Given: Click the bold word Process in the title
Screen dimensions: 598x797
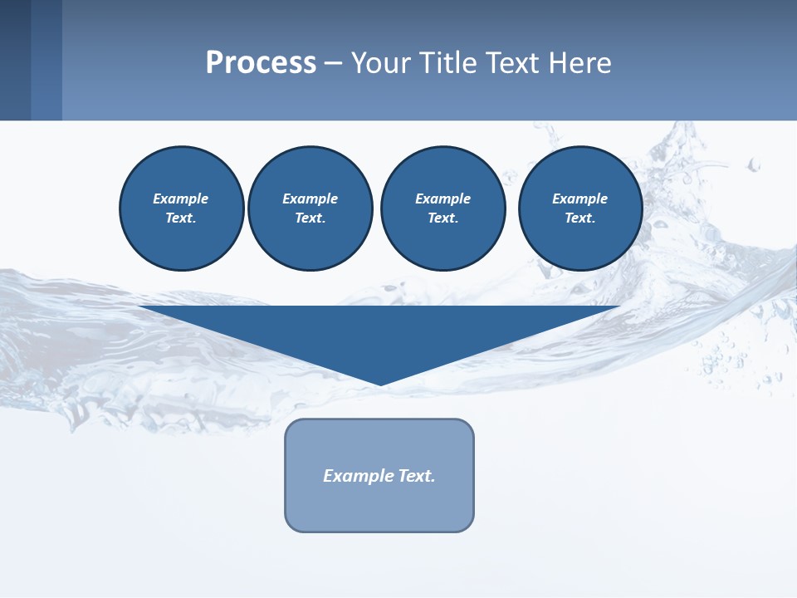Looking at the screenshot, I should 261,62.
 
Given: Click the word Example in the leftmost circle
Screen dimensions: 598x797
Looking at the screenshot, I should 181,199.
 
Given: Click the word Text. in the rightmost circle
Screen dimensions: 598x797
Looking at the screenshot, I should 580,218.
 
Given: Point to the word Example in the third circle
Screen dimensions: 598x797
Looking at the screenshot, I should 443,199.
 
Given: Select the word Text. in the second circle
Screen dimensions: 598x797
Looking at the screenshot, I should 310,218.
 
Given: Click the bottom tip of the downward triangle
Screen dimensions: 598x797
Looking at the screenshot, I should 380,383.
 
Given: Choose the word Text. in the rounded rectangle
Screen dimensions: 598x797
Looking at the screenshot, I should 417,476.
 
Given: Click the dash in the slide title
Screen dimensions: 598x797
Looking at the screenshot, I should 334,63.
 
